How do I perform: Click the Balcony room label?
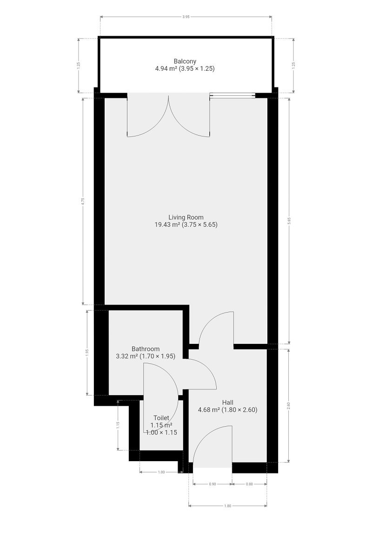pyautogui.click(x=185, y=61)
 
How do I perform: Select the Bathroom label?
pyautogui.click(x=146, y=349)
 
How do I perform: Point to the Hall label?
pyautogui.click(x=227, y=402)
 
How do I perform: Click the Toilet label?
pyautogui.click(x=161, y=418)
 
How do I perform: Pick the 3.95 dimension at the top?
pyautogui.click(x=186, y=16)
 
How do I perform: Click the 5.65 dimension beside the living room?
pyautogui.click(x=289, y=219)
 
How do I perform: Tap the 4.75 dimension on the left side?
pyautogui.click(x=82, y=201)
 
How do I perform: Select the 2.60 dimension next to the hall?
pyautogui.click(x=289, y=405)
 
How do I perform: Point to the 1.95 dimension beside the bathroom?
pyautogui.click(x=86, y=353)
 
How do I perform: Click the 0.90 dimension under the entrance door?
pyautogui.click(x=213, y=484)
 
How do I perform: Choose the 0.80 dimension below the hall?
pyautogui.click(x=249, y=484)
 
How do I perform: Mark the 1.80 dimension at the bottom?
pyautogui.click(x=228, y=505)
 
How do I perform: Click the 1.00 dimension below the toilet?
pyautogui.click(x=161, y=472)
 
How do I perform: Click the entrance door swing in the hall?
pyautogui.click(x=213, y=447)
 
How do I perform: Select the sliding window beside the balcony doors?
pyautogui.click(x=232, y=96)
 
